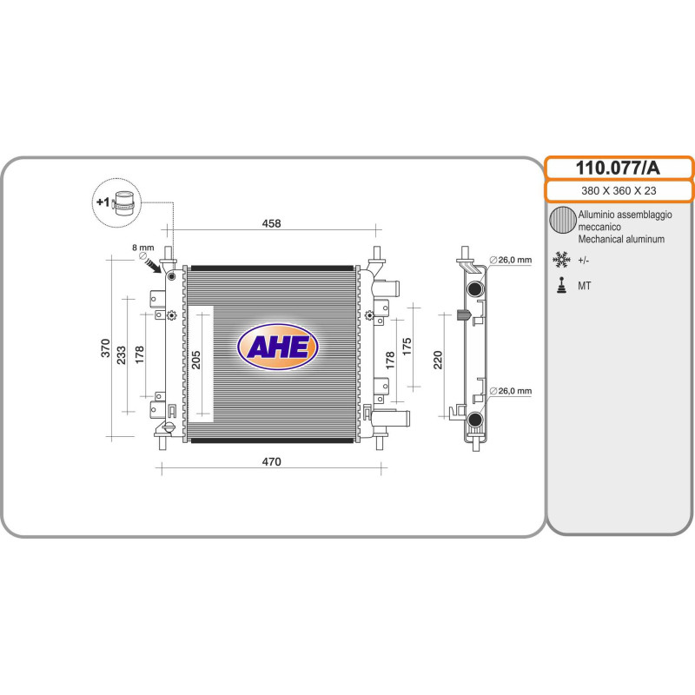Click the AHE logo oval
point(277,347)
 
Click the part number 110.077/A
point(619,168)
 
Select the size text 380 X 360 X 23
point(619,191)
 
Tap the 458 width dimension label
point(272,224)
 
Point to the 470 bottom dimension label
point(272,462)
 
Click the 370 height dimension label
point(106,349)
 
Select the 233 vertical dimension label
point(122,354)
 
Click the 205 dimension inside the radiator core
point(195,360)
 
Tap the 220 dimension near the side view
point(438,360)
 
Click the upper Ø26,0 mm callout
point(510,259)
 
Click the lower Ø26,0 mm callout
point(510,391)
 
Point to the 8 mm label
point(142,248)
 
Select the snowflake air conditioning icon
point(562,259)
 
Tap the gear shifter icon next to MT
point(562,285)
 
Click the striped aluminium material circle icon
point(563,221)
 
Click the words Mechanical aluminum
point(621,239)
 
